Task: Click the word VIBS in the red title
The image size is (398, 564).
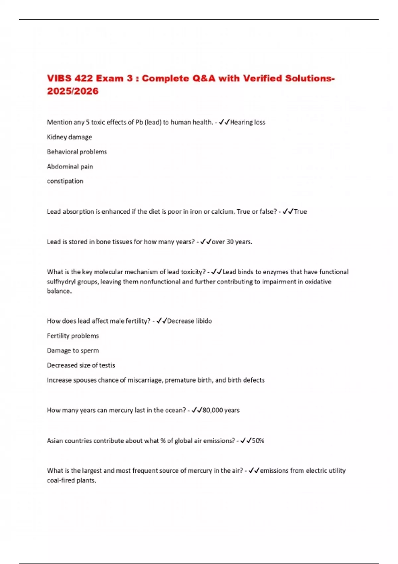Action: (x=59, y=78)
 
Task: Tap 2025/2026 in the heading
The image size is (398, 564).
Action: (x=73, y=91)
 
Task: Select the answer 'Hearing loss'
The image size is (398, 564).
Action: (x=247, y=122)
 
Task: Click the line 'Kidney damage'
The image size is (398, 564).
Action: (x=69, y=137)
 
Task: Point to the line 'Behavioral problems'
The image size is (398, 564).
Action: (x=77, y=152)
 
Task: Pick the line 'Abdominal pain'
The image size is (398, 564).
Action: (x=70, y=166)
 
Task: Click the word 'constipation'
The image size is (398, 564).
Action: (x=65, y=181)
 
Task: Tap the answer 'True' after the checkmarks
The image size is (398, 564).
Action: (x=300, y=212)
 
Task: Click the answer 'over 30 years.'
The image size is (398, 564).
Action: (x=232, y=242)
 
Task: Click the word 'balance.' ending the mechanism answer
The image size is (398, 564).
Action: (x=59, y=291)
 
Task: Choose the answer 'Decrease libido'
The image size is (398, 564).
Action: (x=189, y=321)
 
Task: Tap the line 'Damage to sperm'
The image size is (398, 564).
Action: (x=73, y=351)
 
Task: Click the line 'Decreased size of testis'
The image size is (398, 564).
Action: (x=81, y=365)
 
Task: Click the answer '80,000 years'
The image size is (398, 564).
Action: (x=221, y=410)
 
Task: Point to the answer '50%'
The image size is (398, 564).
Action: (x=258, y=441)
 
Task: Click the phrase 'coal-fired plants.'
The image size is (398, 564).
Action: (x=71, y=480)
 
